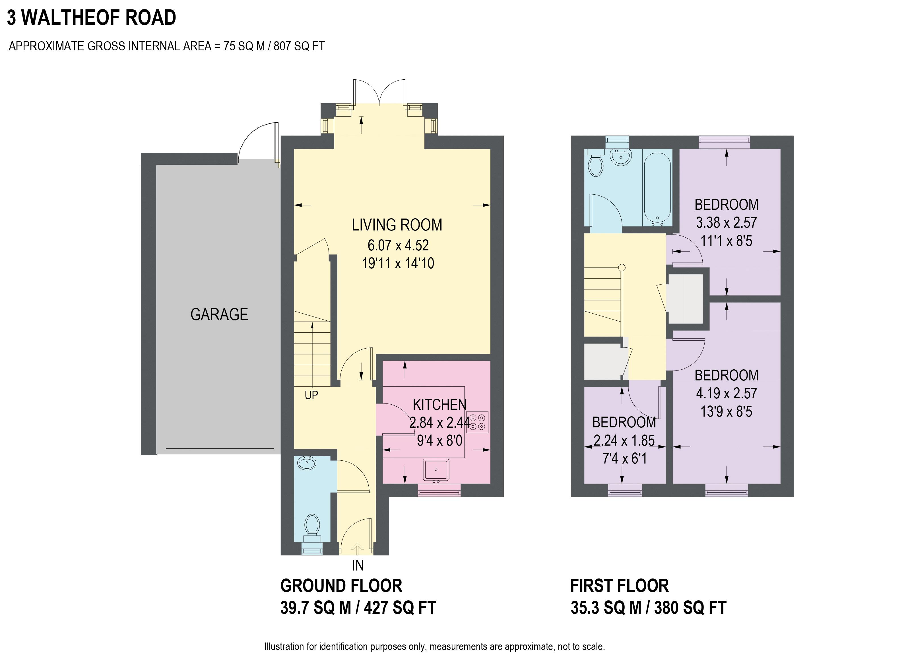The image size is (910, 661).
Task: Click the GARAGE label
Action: [x=219, y=314]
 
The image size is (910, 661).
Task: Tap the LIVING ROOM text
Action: [x=397, y=225]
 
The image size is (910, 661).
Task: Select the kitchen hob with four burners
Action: [x=477, y=422]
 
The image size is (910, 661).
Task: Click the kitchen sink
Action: [x=436, y=470]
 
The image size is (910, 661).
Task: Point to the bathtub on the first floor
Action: [x=657, y=188]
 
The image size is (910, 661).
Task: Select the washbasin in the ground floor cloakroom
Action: [x=307, y=464]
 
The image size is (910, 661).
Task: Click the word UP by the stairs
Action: [x=311, y=395]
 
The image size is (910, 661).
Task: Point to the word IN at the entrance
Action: [x=358, y=565]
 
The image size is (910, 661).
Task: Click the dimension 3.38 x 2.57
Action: [x=726, y=223]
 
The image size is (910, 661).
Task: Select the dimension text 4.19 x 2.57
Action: [x=726, y=393]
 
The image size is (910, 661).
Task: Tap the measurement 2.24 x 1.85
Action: [x=624, y=441]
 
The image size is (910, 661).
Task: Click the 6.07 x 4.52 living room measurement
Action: [x=398, y=245]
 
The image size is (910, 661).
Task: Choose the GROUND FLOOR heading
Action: [x=341, y=586]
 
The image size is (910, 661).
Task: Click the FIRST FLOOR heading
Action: [x=620, y=586]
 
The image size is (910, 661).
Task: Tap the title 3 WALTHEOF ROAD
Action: [x=92, y=18]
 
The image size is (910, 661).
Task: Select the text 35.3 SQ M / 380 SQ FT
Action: [x=648, y=608]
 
